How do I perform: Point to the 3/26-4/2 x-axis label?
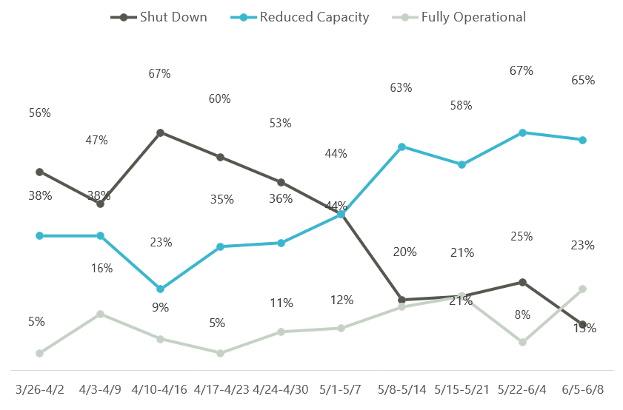(x=39, y=388)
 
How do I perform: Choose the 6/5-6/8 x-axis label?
(x=583, y=388)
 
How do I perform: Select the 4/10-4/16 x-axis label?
(x=160, y=388)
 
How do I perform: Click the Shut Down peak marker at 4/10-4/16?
(x=160, y=133)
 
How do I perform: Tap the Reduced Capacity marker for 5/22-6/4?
(x=522, y=132)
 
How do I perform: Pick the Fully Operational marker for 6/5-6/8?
(x=583, y=289)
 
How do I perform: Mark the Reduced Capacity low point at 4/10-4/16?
(x=160, y=289)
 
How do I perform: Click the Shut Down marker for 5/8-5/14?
(x=402, y=300)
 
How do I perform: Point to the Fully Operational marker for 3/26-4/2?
(x=39, y=353)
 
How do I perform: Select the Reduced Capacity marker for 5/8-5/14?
(x=402, y=147)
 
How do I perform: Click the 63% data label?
(x=401, y=88)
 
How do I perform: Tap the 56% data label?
(x=40, y=113)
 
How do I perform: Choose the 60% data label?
(x=220, y=98)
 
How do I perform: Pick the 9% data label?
(x=160, y=307)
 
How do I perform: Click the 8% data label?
(x=522, y=315)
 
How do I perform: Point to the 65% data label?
(x=583, y=81)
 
